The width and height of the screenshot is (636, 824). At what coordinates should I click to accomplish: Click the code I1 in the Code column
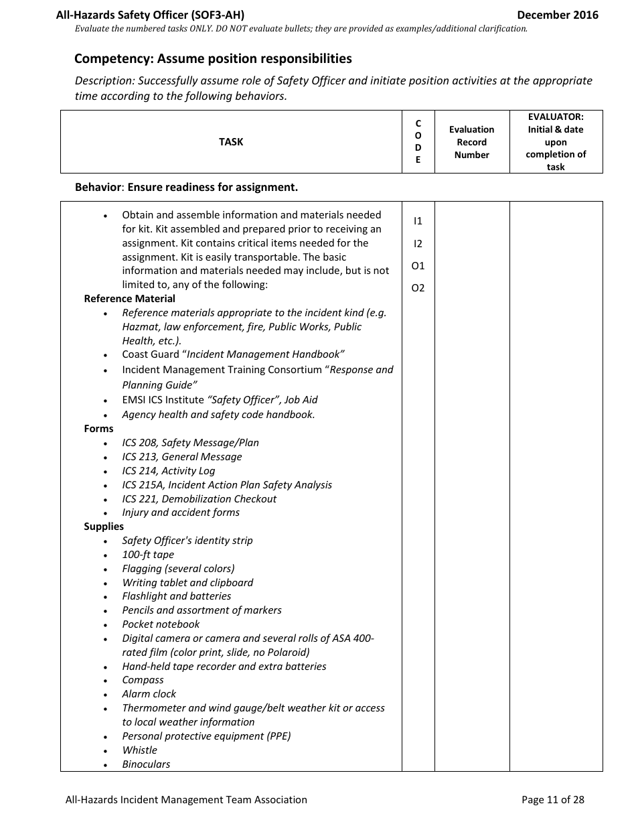[x=418, y=221]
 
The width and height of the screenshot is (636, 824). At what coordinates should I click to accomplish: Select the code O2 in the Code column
[x=418, y=289]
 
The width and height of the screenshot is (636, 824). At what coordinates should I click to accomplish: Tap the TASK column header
[x=231, y=142]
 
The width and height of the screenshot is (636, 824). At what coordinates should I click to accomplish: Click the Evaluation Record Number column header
[x=471, y=142]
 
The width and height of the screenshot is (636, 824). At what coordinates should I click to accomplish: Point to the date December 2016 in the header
[x=557, y=15]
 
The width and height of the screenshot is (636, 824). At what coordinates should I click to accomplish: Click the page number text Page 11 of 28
[x=552, y=799]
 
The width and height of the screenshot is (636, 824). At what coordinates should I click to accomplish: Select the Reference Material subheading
[x=129, y=299]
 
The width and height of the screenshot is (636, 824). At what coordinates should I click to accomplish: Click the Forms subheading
[x=98, y=429]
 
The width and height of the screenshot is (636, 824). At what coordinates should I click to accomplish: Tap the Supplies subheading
[x=104, y=527]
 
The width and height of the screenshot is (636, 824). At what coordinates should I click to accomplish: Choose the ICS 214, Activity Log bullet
[x=168, y=471]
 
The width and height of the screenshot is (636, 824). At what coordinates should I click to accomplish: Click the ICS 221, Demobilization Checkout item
[x=199, y=499]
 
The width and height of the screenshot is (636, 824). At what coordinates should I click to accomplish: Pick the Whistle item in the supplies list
[x=139, y=750]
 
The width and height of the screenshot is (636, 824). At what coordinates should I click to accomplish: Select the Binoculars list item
[x=146, y=764]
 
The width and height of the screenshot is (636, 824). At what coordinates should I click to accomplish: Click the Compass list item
[x=143, y=680]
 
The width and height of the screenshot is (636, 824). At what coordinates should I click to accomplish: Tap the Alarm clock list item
[x=149, y=694]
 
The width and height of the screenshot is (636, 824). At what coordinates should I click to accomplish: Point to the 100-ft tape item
[x=147, y=555]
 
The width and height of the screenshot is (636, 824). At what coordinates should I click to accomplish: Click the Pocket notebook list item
[x=161, y=624]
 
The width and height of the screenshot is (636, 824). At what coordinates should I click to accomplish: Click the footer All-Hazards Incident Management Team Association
[x=186, y=799]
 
